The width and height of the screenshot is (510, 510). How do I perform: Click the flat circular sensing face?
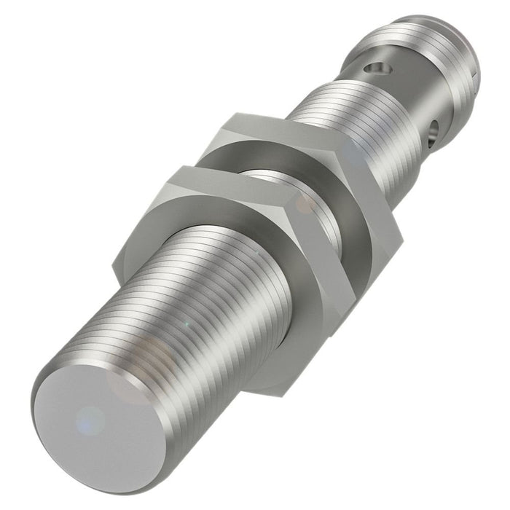tap(95, 423)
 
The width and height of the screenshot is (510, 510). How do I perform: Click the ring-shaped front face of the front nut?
tap(219, 306)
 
